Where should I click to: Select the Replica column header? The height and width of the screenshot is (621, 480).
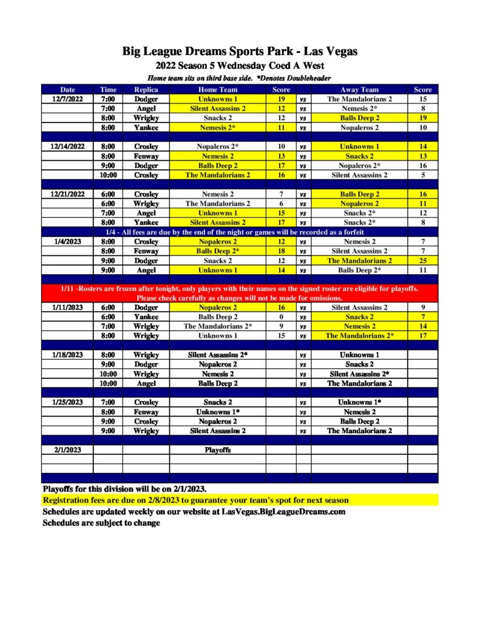[x=146, y=90]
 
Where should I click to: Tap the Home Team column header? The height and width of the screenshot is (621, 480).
[x=217, y=90]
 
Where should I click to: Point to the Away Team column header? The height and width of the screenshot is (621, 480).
[x=359, y=90]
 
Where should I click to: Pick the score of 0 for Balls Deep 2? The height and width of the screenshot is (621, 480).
[x=281, y=317]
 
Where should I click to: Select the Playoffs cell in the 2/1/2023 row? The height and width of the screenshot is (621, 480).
[x=217, y=451]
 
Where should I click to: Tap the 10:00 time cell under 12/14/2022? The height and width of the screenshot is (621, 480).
[x=108, y=175]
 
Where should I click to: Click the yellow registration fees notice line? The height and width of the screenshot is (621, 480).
[x=195, y=500]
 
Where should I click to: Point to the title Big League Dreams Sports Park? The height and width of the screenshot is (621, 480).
[x=240, y=52]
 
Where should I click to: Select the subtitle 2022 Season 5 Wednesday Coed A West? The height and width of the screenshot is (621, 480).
[x=240, y=65]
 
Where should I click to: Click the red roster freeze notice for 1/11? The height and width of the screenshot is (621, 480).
[x=240, y=293]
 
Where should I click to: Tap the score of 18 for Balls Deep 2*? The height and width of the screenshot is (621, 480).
[x=281, y=250]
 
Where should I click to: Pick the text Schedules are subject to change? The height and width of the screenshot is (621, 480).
[x=101, y=523]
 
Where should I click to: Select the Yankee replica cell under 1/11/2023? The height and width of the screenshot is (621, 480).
[x=146, y=317]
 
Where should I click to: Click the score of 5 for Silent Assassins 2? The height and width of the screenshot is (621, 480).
[x=422, y=175]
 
